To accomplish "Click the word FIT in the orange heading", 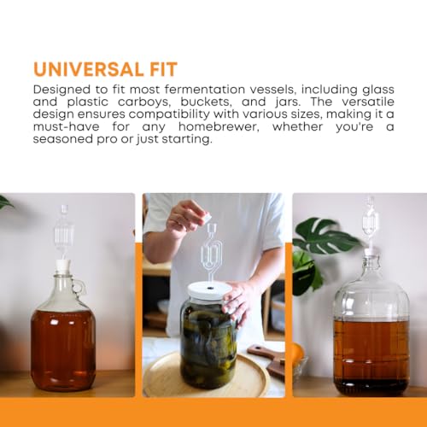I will click(178, 68).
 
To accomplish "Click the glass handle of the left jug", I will click(79, 285).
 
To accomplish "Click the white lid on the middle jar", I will click(208, 290).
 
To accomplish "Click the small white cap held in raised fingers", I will click(205, 218).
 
